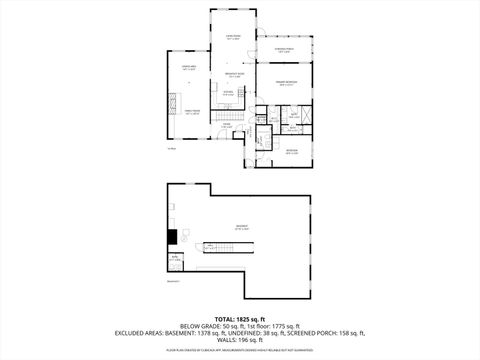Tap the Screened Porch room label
[x=283, y=50]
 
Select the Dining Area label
[x=188, y=68]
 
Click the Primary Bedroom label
[x=286, y=84]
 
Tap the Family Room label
[x=190, y=113]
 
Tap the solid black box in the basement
[x=172, y=237]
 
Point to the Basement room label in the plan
[x=242, y=228]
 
